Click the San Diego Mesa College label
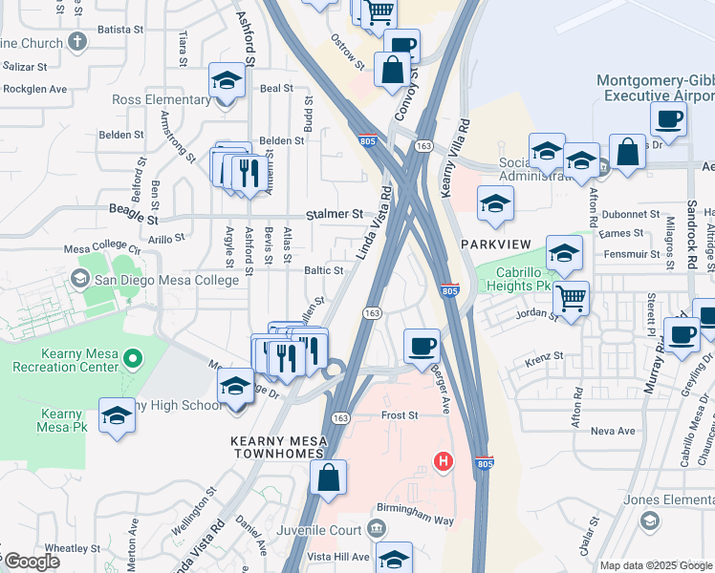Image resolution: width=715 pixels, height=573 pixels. point(164,280)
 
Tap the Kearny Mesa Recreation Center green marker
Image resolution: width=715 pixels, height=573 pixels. point(133,360)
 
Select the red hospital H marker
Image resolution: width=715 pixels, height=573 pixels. point(443,462)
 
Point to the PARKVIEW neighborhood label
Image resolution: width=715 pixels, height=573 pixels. point(494,244)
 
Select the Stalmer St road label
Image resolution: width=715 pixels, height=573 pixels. point(334,215)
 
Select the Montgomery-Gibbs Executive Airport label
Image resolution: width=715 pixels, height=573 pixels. point(655,88)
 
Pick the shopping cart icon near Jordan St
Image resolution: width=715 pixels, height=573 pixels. point(571,298)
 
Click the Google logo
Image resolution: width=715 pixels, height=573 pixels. point(32,562)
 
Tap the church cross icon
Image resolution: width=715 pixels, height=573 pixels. point(77,42)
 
